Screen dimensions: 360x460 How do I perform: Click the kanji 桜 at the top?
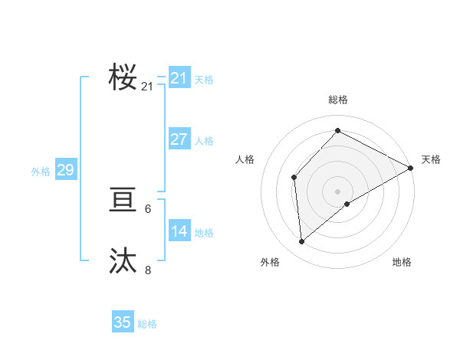pyautogui.click(x=123, y=78)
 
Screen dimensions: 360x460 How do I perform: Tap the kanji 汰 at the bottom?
pyautogui.click(x=123, y=260)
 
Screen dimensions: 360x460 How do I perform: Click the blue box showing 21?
pyautogui.click(x=179, y=78)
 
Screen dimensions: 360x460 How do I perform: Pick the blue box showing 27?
pyautogui.click(x=179, y=139)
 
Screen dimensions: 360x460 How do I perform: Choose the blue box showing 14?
pyautogui.click(x=179, y=231)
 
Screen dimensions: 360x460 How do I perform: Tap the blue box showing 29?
pyautogui.click(x=65, y=170)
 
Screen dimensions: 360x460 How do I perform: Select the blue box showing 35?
pyautogui.click(x=123, y=322)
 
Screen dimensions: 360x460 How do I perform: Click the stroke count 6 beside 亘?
pyautogui.click(x=148, y=209)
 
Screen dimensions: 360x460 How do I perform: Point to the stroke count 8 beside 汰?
pyautogui.click(x=148, y=270)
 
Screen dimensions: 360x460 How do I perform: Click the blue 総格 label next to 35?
pyautogui.click(x=147, y=324)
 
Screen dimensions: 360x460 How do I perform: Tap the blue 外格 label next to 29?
pyautogui.click(x=41, y=172)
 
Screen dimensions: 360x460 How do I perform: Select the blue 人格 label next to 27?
pyautogui.click(x=204, y=141)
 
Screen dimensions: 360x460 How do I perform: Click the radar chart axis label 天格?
pyautogui.click(x=431, y=159)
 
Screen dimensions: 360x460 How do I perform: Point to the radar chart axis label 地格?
pyautogui.click(x=402, y=262)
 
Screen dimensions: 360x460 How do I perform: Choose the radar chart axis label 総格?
pyautogui.click(x=337, y=100)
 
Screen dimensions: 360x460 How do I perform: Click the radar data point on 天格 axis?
pyautogui.click(x=411, y=167)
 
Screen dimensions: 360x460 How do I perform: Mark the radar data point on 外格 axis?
pyautogui.click(x=302, y=241)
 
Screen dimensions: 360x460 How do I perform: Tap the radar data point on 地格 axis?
pyautogui.click(x=347, y=204)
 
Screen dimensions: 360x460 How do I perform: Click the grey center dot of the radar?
pyautogui.click(x=337, y=191)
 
